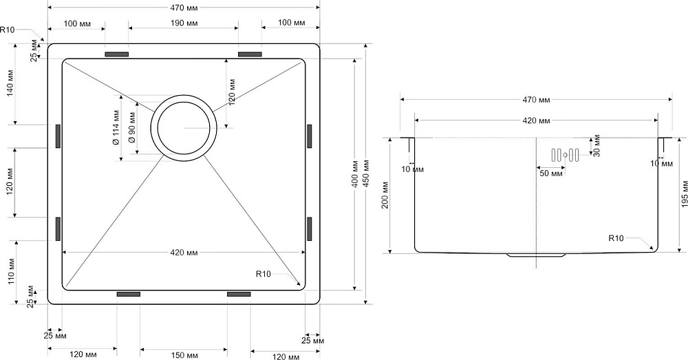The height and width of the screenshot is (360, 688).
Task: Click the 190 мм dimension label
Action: [183, 23]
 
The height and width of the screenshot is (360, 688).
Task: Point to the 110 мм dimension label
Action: [12, 272]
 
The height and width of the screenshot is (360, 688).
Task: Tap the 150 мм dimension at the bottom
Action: [183, 354]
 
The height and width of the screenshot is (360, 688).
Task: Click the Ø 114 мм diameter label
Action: [116, 128]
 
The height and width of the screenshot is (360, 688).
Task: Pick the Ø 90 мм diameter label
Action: [131, 128]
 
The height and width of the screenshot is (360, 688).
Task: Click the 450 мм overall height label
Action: [366, 174]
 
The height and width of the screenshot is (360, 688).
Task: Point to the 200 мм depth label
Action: [386, 195]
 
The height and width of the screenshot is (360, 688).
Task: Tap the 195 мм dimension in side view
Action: [682, 195]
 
